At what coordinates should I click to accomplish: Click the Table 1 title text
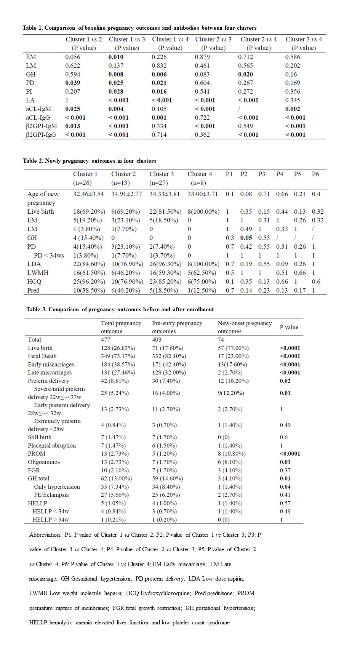coord(139,28)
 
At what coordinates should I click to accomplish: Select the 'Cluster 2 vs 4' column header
coord(259,43)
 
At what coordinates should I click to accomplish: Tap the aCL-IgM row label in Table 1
coord(38,109)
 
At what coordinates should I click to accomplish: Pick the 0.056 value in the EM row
coord(73,57)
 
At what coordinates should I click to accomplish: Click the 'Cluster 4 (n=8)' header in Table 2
coord(200,178)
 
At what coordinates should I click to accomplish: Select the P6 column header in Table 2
coord(315,174)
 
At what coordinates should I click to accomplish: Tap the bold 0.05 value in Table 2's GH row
coord(246,238)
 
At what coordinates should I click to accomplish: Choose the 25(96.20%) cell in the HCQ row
coord(88,282)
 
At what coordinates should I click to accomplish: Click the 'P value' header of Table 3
coord(289,327)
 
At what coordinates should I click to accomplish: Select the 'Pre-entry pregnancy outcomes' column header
coord(177,327)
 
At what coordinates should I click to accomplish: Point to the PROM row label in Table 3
coord(37,454)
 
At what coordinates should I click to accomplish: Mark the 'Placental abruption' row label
coord(52,445)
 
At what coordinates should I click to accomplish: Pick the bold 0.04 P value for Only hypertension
coord(285,487)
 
